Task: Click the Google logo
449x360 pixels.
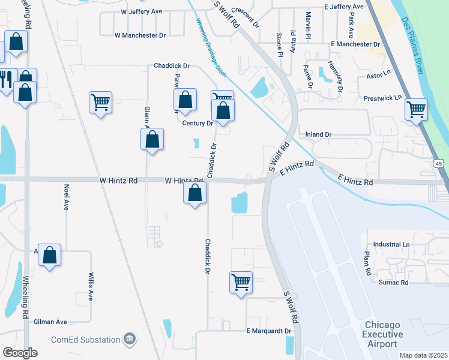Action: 20,353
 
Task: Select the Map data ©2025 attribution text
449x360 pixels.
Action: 423,355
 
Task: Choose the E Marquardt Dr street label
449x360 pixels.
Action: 268,331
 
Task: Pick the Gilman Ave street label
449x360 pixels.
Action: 50,322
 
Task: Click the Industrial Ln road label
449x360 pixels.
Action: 391,244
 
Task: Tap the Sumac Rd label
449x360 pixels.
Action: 393,281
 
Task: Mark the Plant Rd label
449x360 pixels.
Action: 367,263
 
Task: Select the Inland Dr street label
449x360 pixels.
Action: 318,134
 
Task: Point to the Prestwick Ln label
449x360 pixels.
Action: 382,97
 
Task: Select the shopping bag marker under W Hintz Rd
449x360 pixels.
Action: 194,193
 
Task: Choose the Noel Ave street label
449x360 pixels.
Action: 66,196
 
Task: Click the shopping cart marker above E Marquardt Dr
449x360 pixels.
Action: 241,281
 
